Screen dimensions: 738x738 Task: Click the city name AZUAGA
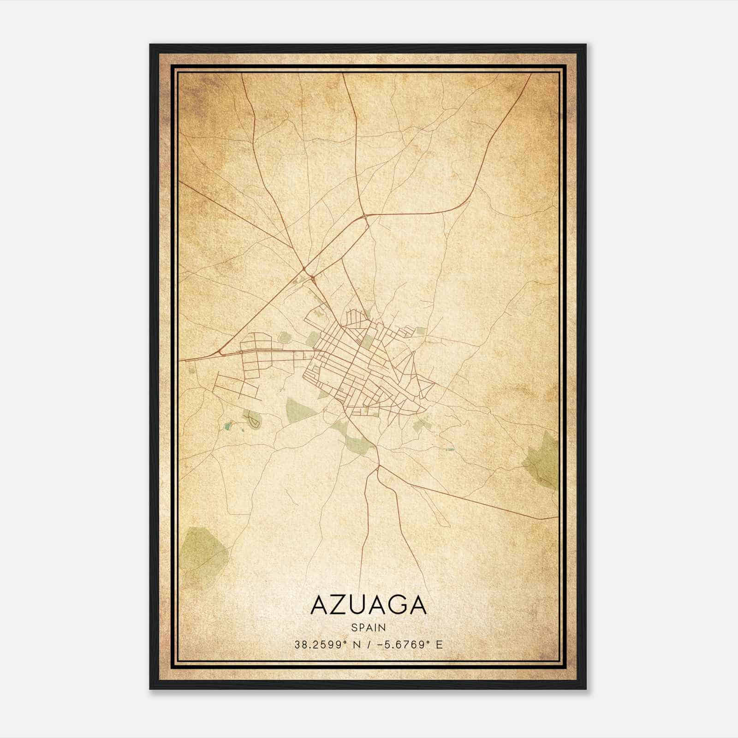tap(369, 605)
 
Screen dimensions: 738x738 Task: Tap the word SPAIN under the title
tap(369, 627)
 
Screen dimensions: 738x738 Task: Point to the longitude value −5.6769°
tap(401, 645)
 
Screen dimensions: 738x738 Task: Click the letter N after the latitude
tap(355, 645)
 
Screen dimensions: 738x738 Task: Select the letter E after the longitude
tap(439, 645)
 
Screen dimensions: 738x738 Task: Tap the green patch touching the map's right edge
tap(544, 459)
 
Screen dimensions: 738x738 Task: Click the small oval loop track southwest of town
tap(253, 420)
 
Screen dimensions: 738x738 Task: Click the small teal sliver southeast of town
tap(448, 448)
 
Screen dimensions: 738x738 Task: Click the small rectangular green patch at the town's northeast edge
tap(421, 330)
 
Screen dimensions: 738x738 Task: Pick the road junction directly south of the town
tap(378, 467)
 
